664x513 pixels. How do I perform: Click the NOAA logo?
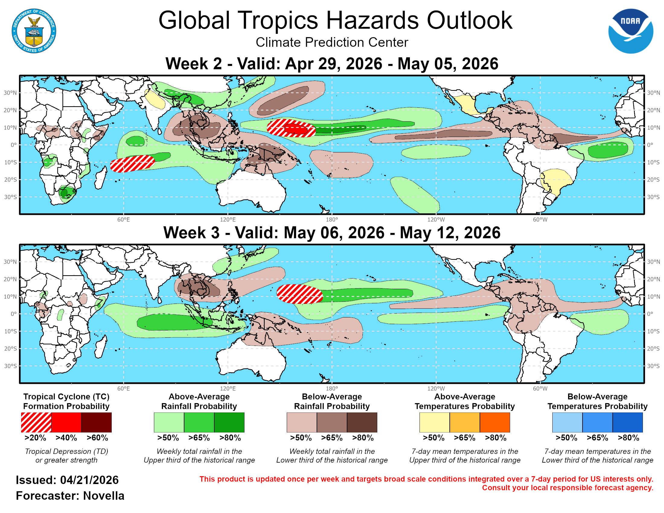pos(630,31)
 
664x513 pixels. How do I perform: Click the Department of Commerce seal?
pos(34,31)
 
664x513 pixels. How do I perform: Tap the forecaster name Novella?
pos(104,496)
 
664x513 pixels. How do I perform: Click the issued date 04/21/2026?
pos(89,480)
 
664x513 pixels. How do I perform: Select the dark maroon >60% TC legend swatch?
pos(96,422)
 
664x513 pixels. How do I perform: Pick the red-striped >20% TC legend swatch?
pos(36,422)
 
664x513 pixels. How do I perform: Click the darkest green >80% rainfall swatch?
pos(229,422)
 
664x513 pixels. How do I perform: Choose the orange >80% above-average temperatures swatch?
pos(495,422)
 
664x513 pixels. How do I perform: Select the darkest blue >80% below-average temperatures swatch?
pos(627,422)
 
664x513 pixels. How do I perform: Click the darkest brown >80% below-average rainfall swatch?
pos(362,422)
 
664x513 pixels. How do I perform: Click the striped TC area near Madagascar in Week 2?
pos(132,164)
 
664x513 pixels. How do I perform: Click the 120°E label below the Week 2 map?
pos(228,219)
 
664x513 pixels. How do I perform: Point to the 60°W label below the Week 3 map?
pos(540,388)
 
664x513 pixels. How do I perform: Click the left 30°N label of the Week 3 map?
pos(10,262)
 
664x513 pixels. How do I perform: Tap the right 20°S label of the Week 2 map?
pos(653,180)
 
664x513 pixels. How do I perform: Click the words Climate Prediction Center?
pos(332,42)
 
